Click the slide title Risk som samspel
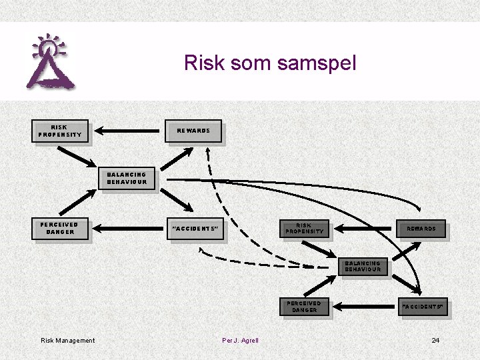click(x=270, y=63)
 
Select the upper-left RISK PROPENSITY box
click(x=60, y=131)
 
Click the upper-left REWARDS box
click(x=193, y=131)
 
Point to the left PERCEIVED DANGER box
click(x=60, y=229)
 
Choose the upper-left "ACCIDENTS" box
click(x=195, y=229)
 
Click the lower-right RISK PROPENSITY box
click(x=305, y=229)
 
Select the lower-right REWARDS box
click(x=421, y=229)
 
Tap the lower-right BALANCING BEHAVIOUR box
click(x=363, y=266)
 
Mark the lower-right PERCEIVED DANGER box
click(x=305, y=307)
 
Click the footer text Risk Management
click(x=68, y=341)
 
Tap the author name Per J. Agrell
click(x=240, y=341)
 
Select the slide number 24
click(x=435, y=341)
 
